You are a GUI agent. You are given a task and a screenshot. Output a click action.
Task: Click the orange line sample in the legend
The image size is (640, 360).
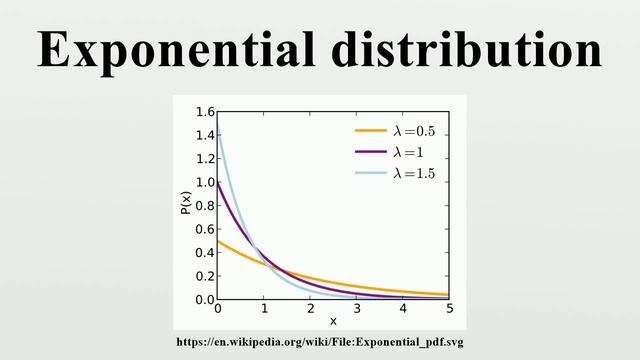(370, 131)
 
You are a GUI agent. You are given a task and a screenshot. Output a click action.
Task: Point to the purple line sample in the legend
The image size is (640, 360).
(370, 152)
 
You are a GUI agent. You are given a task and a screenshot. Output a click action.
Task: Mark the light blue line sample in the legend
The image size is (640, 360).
(370, 174)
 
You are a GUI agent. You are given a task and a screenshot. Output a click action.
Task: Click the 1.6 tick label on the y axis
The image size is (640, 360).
(205, 112)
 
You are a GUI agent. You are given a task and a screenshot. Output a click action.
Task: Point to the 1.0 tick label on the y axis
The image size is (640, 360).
(205, 182)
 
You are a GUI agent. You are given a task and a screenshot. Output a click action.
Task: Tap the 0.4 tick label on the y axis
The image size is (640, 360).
(205, 253)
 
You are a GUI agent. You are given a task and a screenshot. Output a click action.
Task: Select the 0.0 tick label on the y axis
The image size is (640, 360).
(205, 300)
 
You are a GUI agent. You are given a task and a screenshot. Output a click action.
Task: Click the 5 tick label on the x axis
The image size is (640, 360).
(450, 310)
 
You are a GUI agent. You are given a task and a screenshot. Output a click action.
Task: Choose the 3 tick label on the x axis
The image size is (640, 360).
(357, 310)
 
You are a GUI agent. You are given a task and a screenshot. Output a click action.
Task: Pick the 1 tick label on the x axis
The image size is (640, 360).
(264, 310)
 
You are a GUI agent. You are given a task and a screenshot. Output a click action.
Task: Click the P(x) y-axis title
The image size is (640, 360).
(186, 206)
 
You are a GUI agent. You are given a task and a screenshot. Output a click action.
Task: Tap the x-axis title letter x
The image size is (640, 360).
(333, 322)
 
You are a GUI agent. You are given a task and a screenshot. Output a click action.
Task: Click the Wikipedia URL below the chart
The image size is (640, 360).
(320, 342)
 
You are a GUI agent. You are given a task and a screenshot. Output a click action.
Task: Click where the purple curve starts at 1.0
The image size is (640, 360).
(218, 183)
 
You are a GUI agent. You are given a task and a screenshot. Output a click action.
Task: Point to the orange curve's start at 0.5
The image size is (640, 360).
(218, 241)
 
